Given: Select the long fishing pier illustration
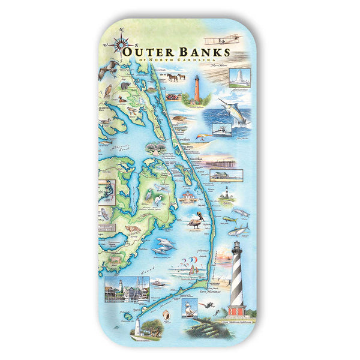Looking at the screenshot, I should coord(229,160).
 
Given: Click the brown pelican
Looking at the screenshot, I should coord(196,223).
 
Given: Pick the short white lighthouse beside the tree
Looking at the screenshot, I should coord(138,326).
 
